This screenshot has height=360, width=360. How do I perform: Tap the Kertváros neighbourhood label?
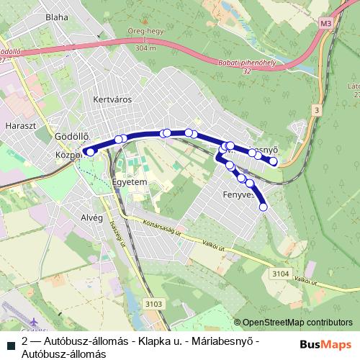click(113, 100)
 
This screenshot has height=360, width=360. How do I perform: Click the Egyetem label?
click(130, 183)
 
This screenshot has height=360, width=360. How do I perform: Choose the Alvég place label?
click(93, 217)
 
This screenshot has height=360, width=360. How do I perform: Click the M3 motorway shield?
click(326, 24)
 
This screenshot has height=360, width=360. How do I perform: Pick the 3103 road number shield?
click(153, 305)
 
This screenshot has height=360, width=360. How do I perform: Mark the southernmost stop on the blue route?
click(263, 207)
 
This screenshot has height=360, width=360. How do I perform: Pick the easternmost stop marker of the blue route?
click(274, 161)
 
